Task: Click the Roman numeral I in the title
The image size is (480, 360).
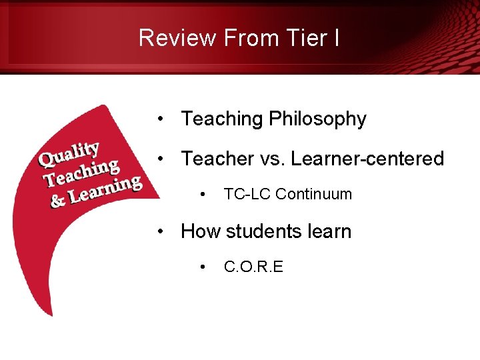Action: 337,38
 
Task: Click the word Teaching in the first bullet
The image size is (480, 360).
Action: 222,119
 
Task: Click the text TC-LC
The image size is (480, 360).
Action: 247,194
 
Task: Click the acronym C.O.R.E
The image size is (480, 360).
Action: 253,267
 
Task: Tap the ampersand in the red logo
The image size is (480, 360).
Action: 59,200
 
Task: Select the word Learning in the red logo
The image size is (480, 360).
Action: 106,189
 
